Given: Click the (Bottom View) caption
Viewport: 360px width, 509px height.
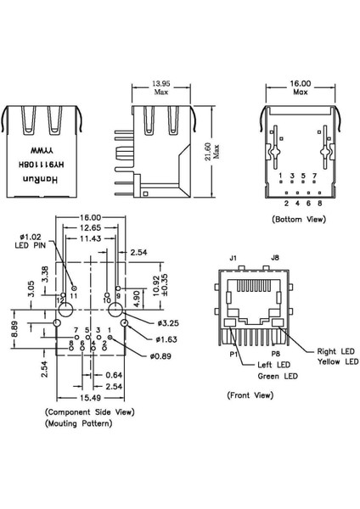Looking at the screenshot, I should [x=299, y=219].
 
